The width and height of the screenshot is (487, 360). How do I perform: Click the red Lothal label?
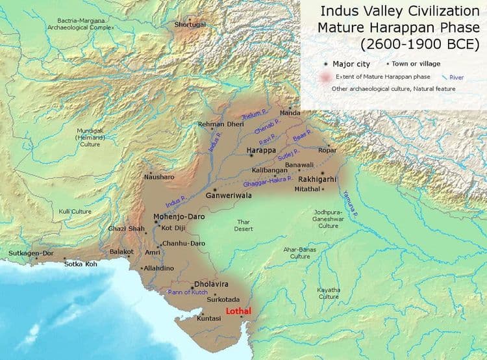pyautogui.click(x=237, y=311)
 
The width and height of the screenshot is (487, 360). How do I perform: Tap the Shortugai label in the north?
pyautogui.click(x=188, y=24)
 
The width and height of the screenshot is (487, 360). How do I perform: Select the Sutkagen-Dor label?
pyautogui.click(x=31, y=253)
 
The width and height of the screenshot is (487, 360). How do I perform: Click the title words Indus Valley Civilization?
pyautogui.click(x=397, y=12)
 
